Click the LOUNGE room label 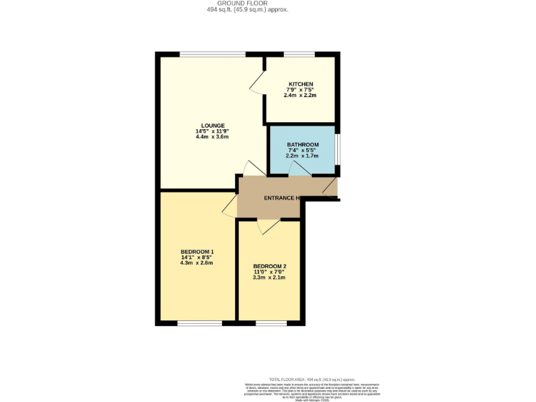(x=212, y=126)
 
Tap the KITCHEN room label (x=300, y=84)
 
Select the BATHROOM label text (x=302, y=144)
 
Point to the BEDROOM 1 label (x=197, y=252)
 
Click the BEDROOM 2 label (x=269, y=266)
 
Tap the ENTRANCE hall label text (x=281, y=198)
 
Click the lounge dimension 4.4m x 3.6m (x=212, y=137)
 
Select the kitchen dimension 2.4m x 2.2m (x=300, y=96)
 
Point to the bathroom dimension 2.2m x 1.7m (x=302, y=156)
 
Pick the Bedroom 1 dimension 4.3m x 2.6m (x=197, y=263)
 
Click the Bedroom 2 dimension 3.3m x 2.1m (x=269, y=277)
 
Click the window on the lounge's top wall (x=212, y=54)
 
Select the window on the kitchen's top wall (x=299, y=54)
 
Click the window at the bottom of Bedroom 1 (x=200, y=323)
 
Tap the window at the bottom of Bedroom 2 (x=271, y=323)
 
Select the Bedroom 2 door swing (x=268, y=226)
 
